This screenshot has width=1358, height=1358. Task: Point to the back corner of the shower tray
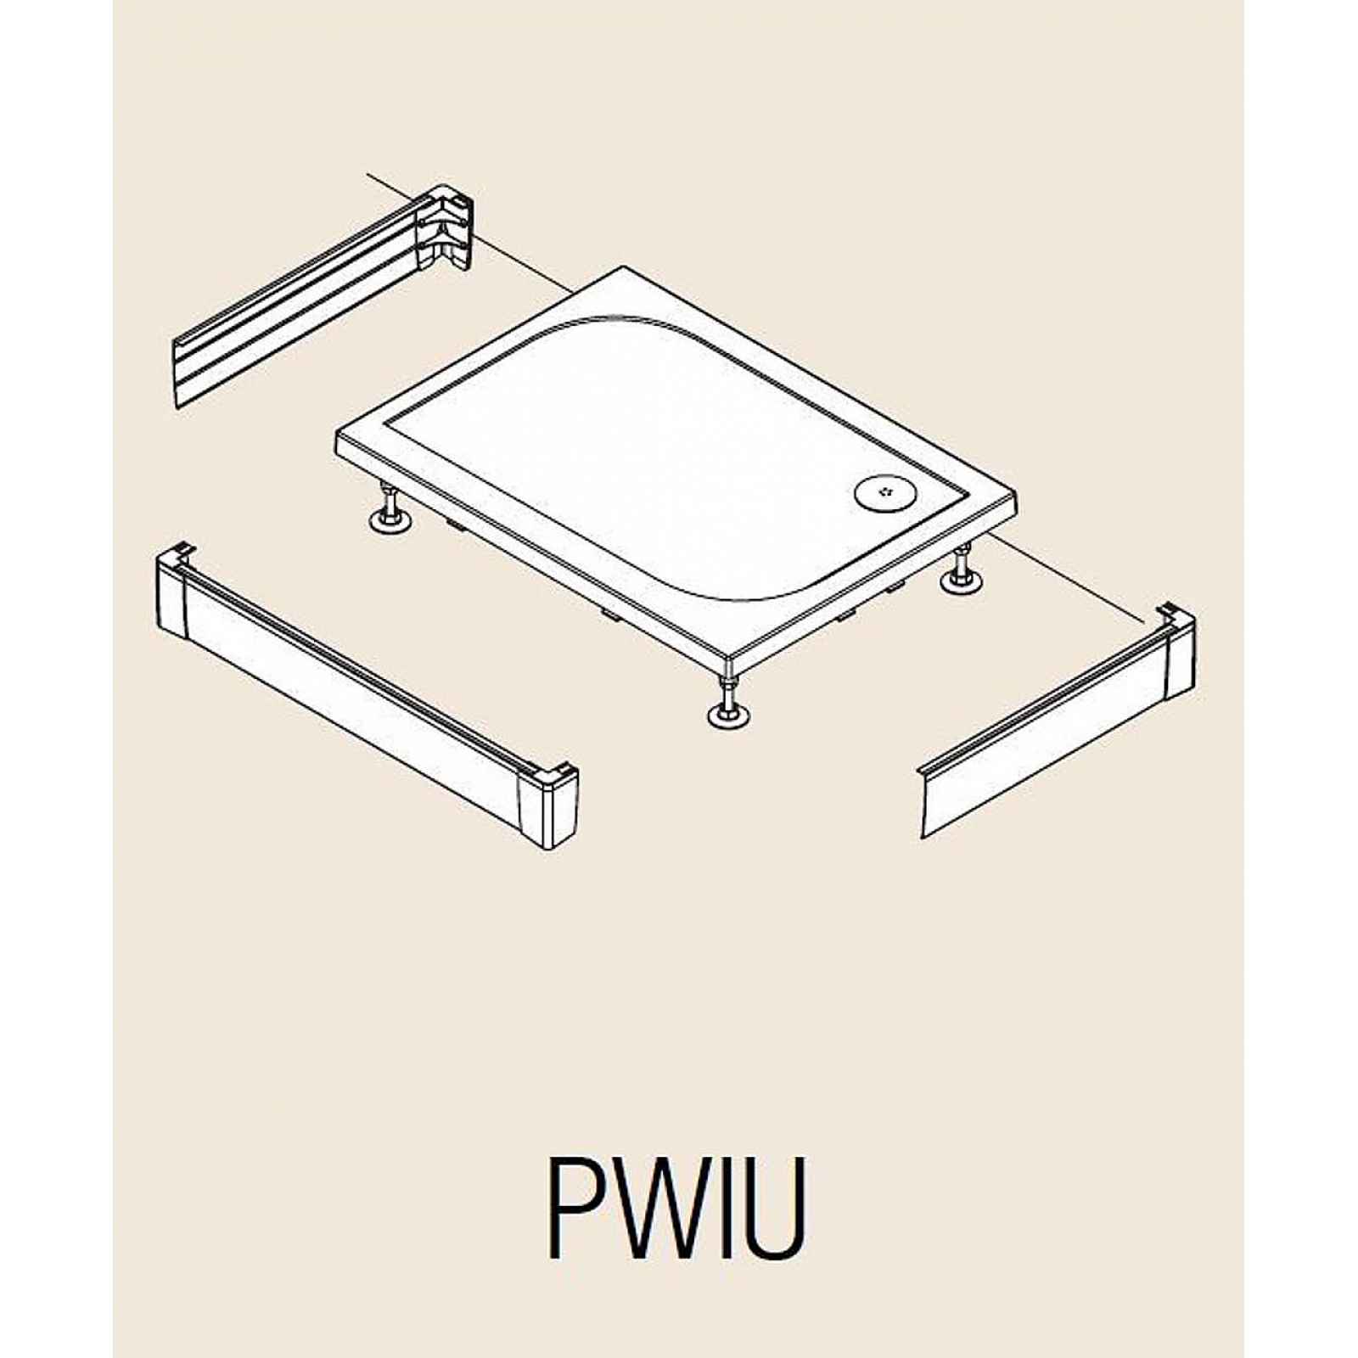coord(626,269)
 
